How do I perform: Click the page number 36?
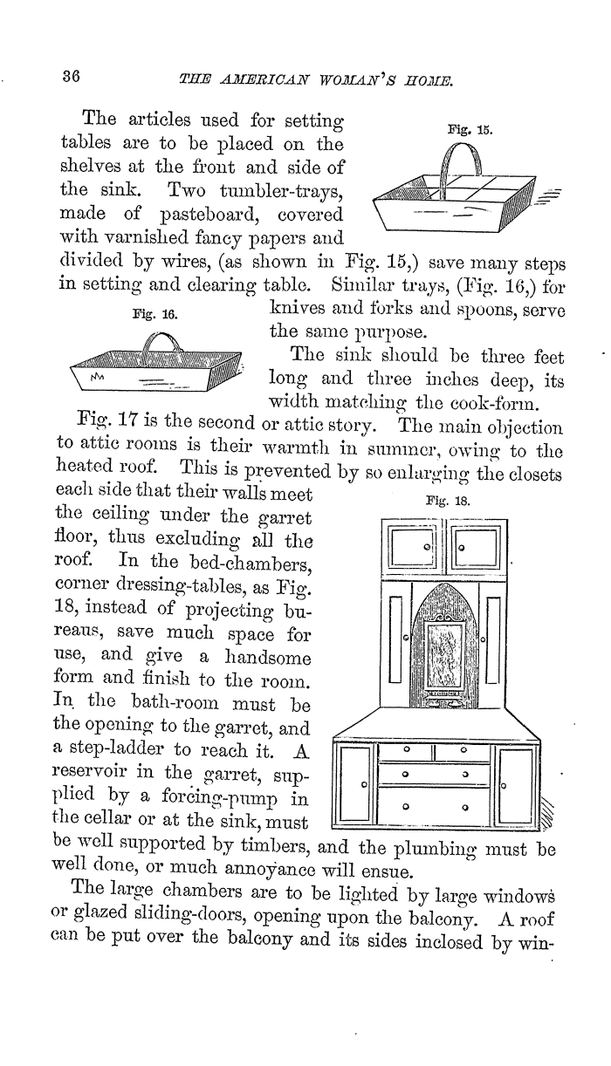click(71, 77)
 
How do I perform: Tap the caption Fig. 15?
click(470, 130)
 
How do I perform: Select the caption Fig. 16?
click(155, 315)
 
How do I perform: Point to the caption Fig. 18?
click(448, 501)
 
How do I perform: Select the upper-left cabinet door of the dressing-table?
click(412, 547)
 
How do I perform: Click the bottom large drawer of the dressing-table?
click(435, 807)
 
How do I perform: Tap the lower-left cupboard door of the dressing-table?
click(355, 785)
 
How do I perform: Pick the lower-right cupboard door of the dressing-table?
click(516, 785)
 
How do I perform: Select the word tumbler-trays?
click(280, 191)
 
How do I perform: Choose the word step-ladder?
click(107, 749)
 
